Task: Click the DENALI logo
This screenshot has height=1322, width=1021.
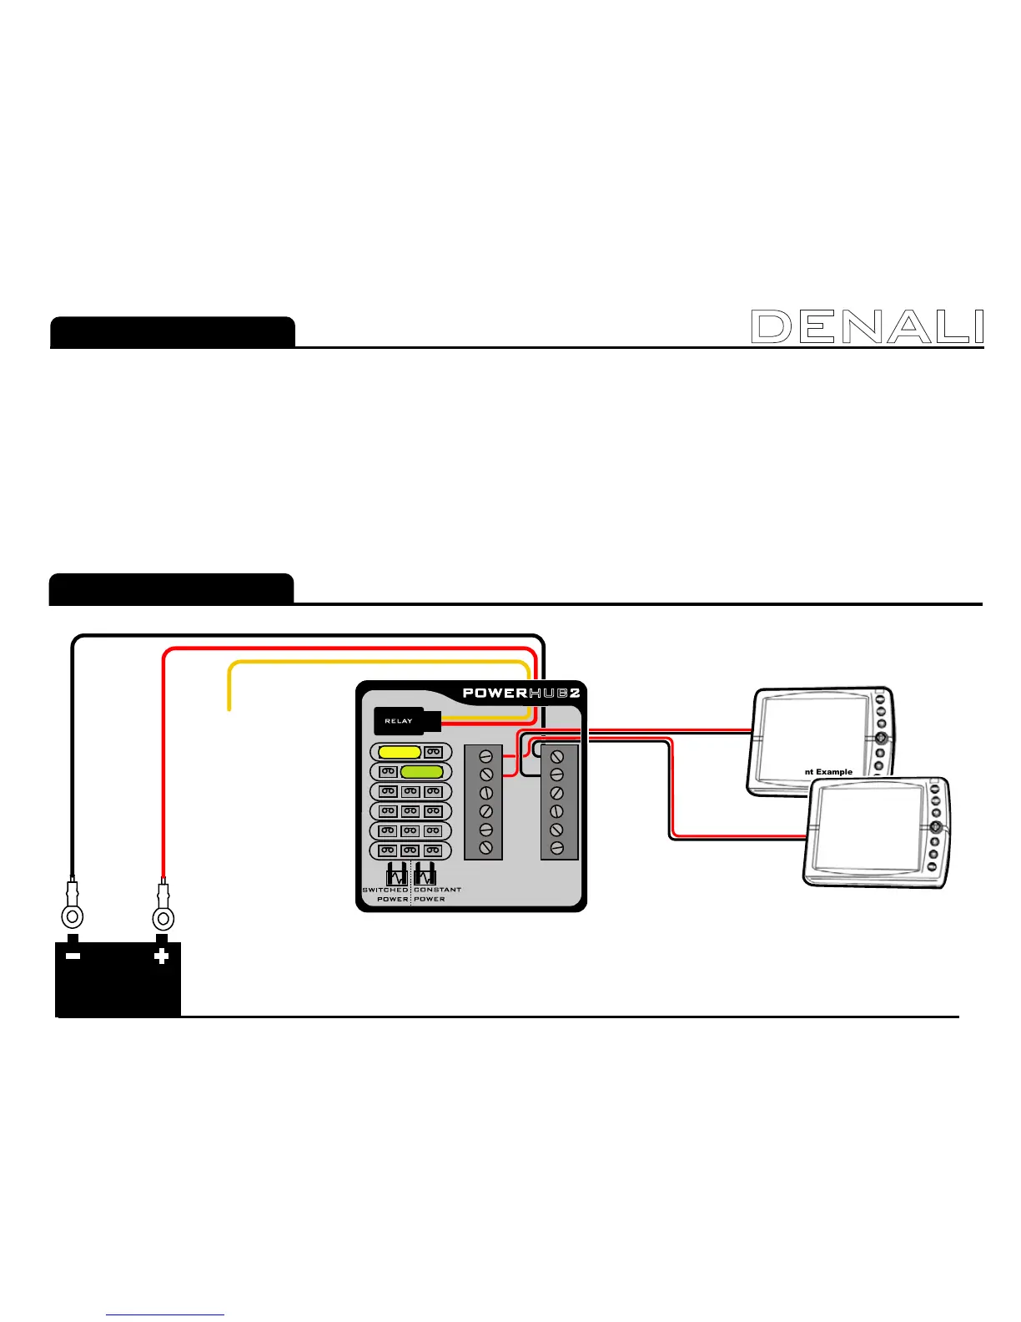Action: point(868,326)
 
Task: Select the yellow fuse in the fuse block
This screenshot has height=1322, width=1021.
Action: point(400,752)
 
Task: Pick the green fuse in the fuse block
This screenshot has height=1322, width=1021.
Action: point(421,772)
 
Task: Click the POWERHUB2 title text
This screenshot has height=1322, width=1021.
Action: point(521,693)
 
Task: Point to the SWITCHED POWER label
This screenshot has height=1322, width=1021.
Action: point(386,894)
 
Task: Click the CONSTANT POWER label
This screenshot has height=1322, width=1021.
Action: point(436,894)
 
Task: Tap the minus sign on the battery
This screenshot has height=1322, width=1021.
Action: point(73,956)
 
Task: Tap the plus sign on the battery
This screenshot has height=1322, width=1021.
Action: point(162,956)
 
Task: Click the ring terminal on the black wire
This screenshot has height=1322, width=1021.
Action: point(73,918)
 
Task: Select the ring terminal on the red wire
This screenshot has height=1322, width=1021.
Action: point(163,919)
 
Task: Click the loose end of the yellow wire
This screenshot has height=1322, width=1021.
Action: point(229,709)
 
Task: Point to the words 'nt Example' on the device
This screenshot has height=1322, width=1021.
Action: point(828,772)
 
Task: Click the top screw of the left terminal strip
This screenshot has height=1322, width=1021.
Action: point(486,757)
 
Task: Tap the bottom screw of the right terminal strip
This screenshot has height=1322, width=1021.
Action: point(558,848)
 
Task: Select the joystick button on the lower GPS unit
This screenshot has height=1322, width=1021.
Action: point(936,826)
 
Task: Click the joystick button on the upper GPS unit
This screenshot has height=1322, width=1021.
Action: point(881,738)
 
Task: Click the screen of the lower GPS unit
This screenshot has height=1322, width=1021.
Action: point(864,827)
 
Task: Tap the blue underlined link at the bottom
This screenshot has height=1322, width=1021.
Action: point(166,1315)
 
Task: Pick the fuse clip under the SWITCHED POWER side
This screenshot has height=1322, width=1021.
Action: point(397,874)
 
